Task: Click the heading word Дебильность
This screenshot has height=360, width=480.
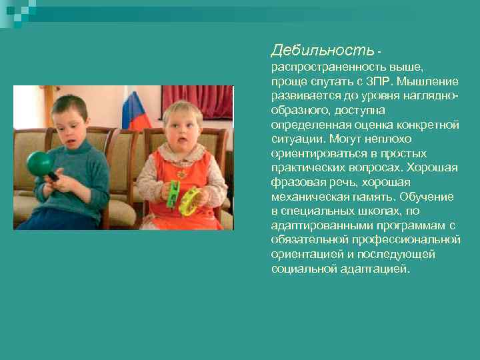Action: (x=323, y=50)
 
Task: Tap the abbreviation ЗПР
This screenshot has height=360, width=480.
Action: (x=379, y=81)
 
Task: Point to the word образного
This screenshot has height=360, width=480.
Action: (x=301, y=110)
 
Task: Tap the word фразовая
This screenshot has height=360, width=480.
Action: (x=295, y=182)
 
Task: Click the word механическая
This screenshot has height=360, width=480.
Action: (x=305, y=197)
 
